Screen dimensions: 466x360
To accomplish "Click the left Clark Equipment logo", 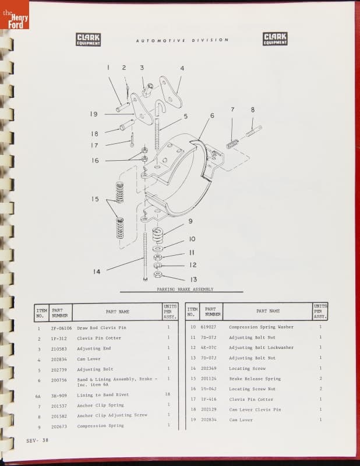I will pos(89,39).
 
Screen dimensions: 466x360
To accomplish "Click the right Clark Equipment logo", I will pos(275,39).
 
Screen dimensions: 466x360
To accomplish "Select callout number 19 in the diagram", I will pos(94,114).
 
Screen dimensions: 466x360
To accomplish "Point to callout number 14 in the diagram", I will pos(96,271).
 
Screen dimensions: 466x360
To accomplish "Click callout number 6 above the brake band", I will pos(212,115).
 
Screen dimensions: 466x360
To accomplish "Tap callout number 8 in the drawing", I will pos(253,110).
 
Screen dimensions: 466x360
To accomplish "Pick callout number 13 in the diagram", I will pos(194,279).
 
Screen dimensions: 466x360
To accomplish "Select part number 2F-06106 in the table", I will pos(61,327).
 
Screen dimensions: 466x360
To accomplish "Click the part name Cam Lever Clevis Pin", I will pos(255,409).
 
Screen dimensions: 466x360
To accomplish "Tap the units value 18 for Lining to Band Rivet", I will pos(168,394).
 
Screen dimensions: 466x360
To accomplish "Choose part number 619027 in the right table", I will pos(208,327).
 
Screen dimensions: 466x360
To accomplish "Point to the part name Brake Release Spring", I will pos(255,379).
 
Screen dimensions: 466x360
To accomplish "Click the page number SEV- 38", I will pos(37,440).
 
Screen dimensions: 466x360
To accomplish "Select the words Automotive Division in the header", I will pos(182,40).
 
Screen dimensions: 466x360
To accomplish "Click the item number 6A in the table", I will pos(38,394).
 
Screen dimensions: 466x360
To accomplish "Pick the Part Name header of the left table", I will pos(117,312).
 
